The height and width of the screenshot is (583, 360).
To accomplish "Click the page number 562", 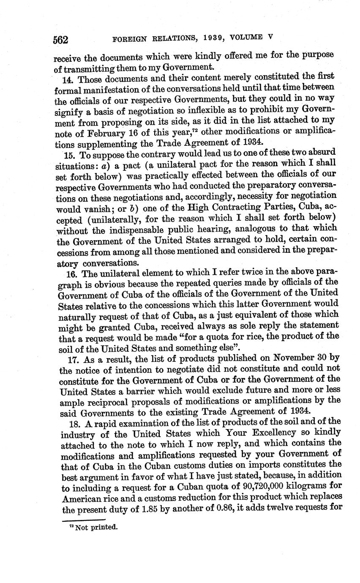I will [61, 39].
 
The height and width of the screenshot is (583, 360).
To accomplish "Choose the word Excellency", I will [254, 433].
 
